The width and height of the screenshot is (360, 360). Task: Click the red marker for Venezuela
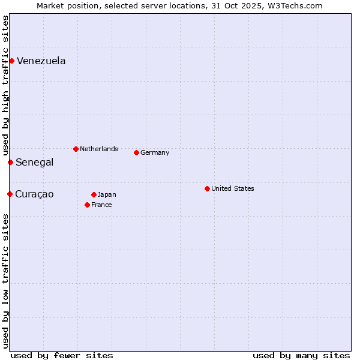click(x=11, y=61)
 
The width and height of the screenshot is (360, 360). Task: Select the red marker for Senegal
click(x=10, y=162)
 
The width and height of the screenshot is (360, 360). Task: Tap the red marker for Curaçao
click(x=10, y=194)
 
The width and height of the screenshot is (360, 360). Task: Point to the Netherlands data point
click(x=76, y=149)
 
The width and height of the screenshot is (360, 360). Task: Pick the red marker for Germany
click(x=136, y=152)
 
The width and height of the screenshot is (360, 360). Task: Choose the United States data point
click(x=207, y=188)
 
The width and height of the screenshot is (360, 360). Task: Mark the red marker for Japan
click(x=94, y=194)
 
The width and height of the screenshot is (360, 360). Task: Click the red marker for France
click(x=87, y=205)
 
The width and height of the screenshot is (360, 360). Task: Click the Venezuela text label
click(x=41, y=61)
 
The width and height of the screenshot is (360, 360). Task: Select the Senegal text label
click(x=35, y=162)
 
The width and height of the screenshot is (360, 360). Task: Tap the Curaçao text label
click(x=34, y=194)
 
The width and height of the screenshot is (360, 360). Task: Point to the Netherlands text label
click(x=99, y=149)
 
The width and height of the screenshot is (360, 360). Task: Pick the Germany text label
click(x=155, y=152)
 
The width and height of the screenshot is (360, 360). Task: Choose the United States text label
click(x=233, y=188)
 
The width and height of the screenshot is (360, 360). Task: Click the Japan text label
click(x=107, y=194)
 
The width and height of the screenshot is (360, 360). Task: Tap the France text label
click(x=101, y=205)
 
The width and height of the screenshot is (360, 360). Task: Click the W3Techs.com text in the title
click(x=294, y=5)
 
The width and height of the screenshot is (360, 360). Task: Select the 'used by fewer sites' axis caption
click(x=62, y=355)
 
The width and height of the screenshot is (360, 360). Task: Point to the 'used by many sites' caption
click(x=301, y=355)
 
